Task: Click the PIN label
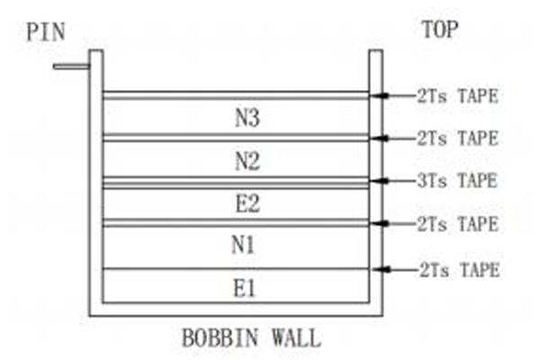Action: (46, 32)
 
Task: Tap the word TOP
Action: (440, 30)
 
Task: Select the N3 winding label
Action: (247, 118)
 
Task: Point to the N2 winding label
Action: (247, 160)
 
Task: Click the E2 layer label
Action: (247, 203)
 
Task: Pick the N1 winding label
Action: (243, 246)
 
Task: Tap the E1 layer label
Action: (245, 288)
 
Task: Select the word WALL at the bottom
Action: (296, 337)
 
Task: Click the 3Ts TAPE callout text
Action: (457, 181)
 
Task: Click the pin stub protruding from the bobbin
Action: (72, 67)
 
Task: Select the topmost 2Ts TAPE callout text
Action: (458, 95)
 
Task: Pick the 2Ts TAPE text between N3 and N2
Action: (458, 139)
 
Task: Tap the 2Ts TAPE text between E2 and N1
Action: (458, 224)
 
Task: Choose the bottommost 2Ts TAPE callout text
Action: (459, 270)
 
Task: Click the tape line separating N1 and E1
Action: (236, 269)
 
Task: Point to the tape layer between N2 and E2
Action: (236, 183)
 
